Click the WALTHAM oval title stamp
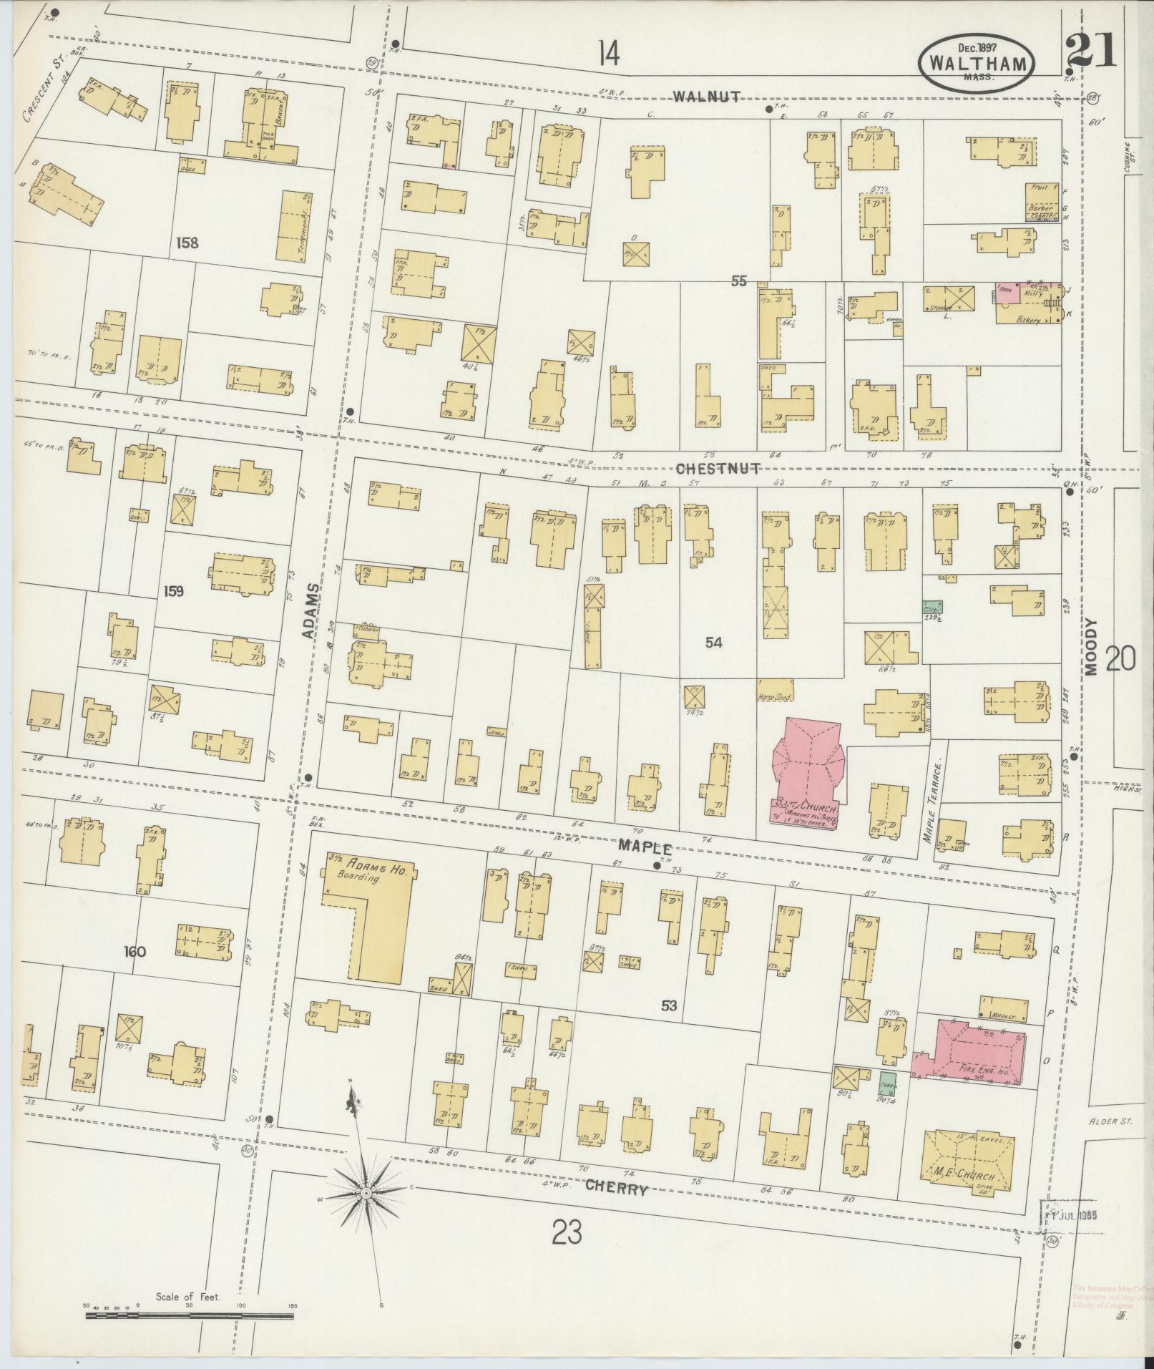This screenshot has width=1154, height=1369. pos(977,63)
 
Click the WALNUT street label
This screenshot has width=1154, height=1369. pos(705,97)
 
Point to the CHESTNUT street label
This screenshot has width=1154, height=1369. pos(717,469)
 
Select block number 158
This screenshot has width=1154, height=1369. pos(186,243)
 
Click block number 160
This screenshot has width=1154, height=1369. pos(134,952)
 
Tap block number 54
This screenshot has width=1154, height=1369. pos(713,643)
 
